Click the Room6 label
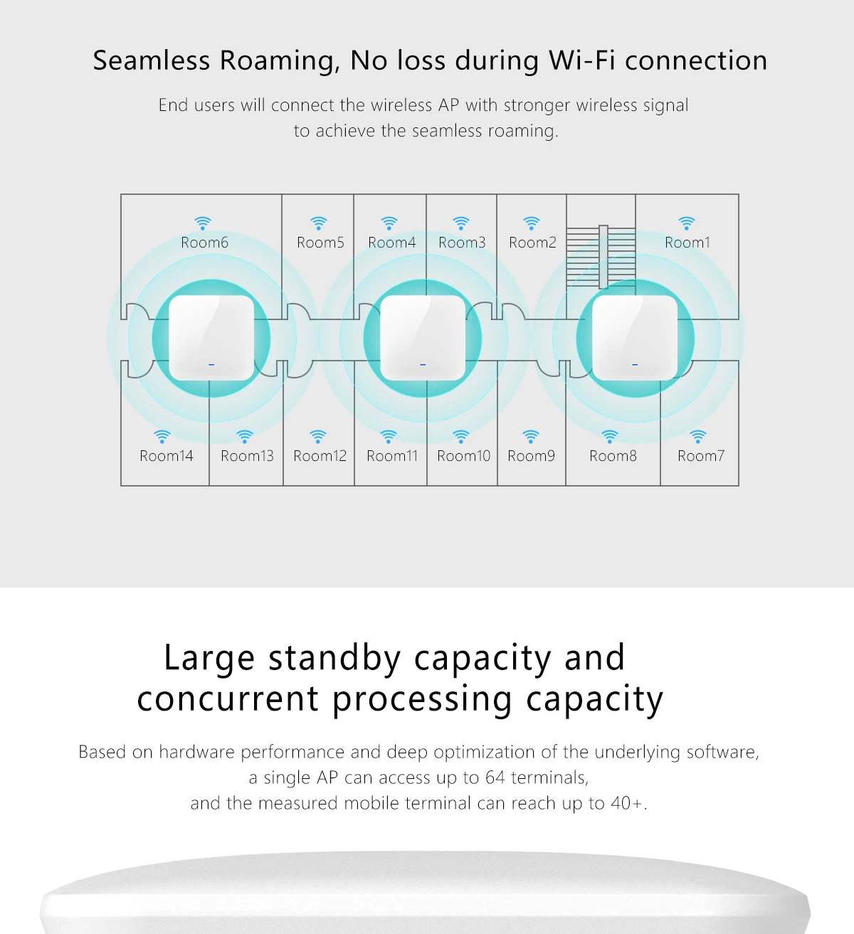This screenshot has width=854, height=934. [x=204, y=243]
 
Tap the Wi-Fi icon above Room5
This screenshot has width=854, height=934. [x=319, y=223]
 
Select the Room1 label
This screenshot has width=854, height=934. [x=687, y=243]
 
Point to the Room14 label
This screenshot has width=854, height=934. [x=166, y=456]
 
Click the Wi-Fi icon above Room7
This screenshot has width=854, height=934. [x=698, y=436]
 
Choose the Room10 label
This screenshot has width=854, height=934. [x=463, y=456]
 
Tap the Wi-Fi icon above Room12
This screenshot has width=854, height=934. [x=318, y=436]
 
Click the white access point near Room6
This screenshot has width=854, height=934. [x=211, y=337]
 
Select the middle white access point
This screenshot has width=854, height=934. [x=423, y=337]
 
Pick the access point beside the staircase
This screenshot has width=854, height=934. [x=635, y=337]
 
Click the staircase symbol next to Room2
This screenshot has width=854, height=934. [x=601, y=256]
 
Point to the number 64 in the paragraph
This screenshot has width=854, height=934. [x=495, y=778]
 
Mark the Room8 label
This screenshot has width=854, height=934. [x=613, y=456]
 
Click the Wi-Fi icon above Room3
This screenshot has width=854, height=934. [x=461, y=223]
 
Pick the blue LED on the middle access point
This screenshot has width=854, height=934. [x=423, y=365]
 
